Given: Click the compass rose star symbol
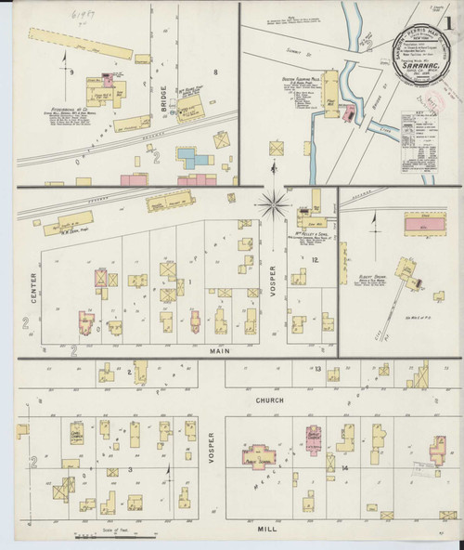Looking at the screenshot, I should pos(276,202).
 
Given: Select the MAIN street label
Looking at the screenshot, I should pos(220,351).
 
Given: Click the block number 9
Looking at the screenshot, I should pos(71,71).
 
